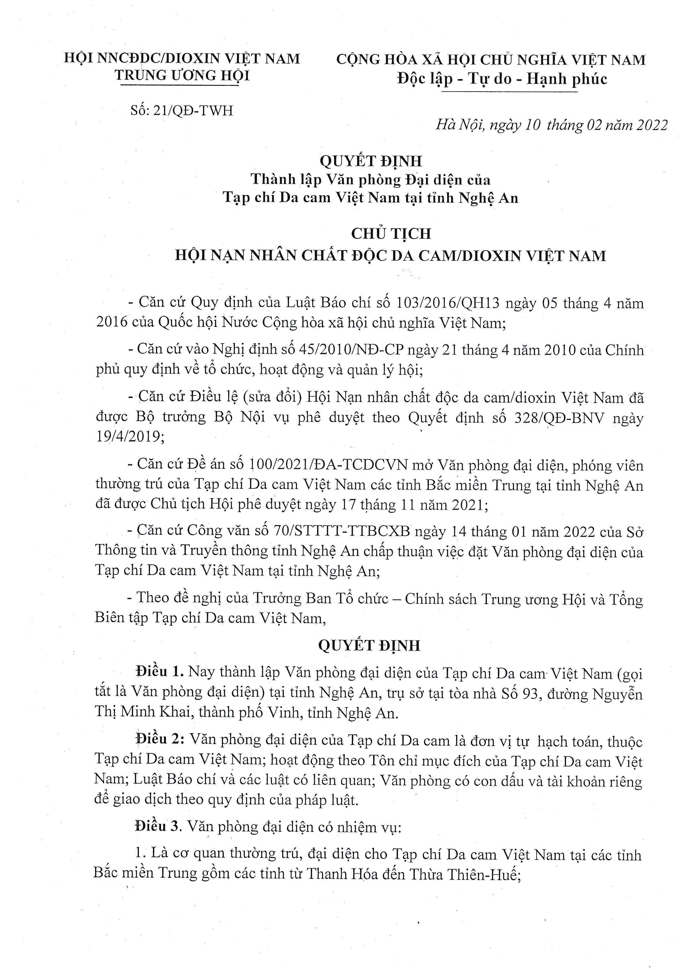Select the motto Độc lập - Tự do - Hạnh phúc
pos(502,79)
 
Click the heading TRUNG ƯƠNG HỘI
pos(183,75)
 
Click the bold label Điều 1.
pos(158,672)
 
